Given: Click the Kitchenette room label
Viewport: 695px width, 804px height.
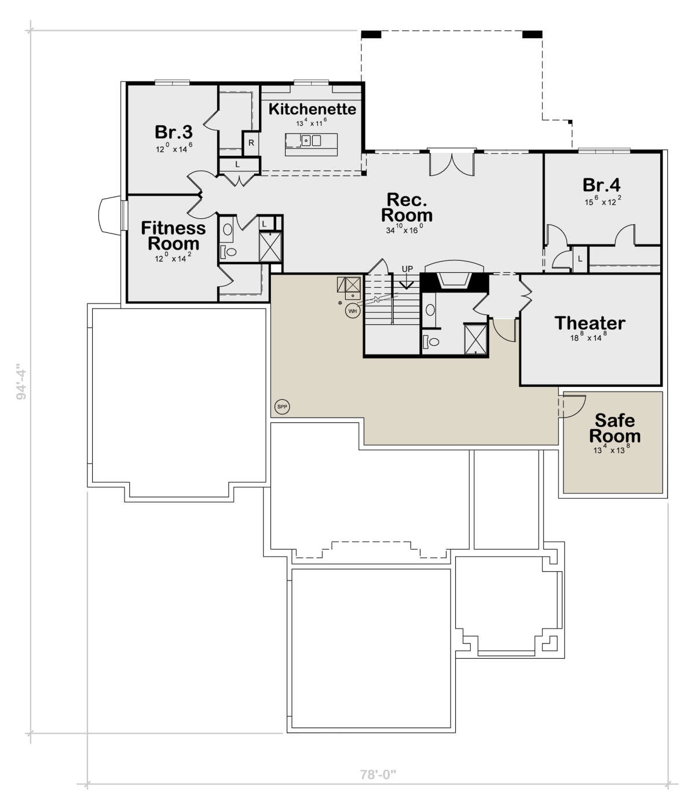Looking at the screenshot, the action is pos(312,109).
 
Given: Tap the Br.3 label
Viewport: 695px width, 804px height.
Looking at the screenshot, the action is pos(173,132).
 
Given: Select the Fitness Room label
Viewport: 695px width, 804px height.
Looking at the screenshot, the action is pos(173,236).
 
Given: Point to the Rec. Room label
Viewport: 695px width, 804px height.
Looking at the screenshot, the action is pos(407,207).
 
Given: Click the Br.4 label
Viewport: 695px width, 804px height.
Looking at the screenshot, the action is pos(601,185).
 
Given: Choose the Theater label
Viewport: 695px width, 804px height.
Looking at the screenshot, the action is pos(590,323).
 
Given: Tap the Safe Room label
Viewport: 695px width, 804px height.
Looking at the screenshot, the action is pos(614,428).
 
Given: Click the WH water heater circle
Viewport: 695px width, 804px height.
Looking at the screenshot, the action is pos(352,311).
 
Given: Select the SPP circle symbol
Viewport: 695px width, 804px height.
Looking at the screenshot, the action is pos(282,407).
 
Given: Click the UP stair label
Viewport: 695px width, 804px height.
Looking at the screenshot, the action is pos(407,269).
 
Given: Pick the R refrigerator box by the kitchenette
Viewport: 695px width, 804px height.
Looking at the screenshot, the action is pos(251,142).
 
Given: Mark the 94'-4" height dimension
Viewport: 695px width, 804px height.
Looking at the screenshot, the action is pos(21,382).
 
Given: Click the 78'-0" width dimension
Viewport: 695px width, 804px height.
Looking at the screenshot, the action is pos(378,774).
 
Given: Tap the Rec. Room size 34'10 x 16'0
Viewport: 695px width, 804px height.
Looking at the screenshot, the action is pos(404,229).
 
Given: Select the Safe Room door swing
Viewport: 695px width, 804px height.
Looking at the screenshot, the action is pos(572,407).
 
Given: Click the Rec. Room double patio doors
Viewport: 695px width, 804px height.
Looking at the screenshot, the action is pos(452,165).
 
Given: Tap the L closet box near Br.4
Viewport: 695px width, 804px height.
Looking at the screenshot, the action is pos(580,259).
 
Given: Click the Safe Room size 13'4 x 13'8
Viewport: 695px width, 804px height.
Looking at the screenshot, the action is pos(612,449).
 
